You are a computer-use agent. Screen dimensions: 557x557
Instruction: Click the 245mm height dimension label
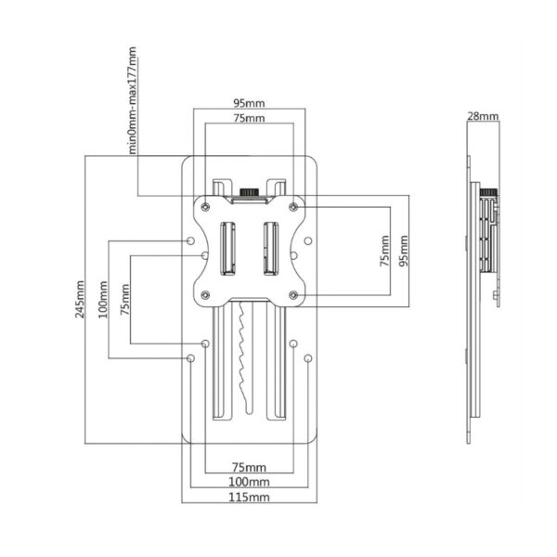pyautogui.click(x=80, y=299)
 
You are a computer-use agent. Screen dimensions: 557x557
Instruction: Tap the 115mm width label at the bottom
pyautogui.click(x=249, y=497)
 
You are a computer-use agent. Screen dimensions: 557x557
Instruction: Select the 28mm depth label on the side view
pyautogui.click(x=483, y=116)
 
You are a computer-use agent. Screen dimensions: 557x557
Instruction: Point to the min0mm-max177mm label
pyautogui.click(x=133, y=100)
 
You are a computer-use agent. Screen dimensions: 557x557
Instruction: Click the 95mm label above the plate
pyautogui.click(x=249, y=103)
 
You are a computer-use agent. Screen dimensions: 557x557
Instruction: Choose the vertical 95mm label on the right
pyautogui.click(x=404, y=251)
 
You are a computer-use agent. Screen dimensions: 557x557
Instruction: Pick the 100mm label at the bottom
pyautogui.click(x=249, y=482)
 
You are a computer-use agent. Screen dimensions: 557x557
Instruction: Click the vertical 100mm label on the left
pyautogui.click(x=103, y=300)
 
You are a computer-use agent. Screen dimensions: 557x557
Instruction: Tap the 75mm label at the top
pyautogui.click(x=249, y=118)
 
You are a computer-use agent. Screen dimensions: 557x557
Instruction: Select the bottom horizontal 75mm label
pyautogui.click(x=249, y=467)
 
